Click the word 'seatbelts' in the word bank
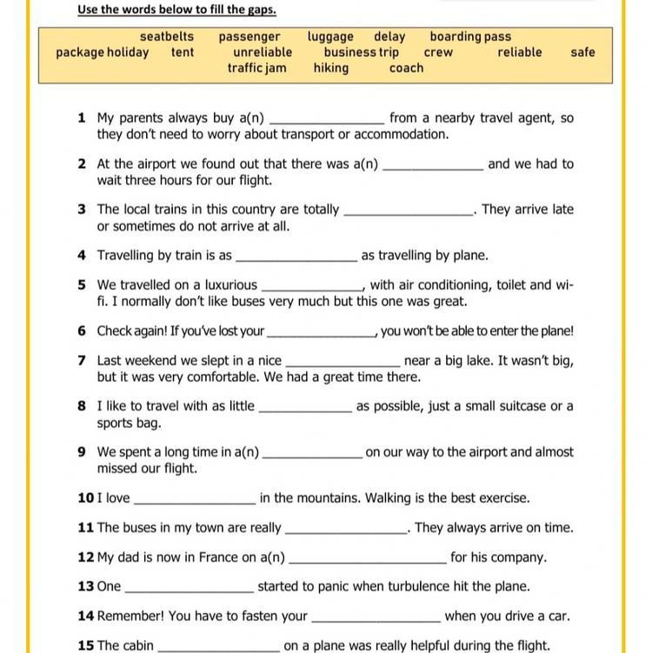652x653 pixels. [x=167, y=37]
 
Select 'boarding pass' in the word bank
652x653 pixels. [x=470, y=37]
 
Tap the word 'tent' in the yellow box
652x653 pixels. [x=183, y=52]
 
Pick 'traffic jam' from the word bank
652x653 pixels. [x=257, y=68]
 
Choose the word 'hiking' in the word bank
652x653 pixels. [x=331, y=68]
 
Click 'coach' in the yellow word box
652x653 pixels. [x=406, y=68]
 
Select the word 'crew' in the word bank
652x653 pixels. [x=438, y=52]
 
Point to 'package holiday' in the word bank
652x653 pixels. [x=102, y=52]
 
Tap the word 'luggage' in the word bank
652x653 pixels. [x=330, y=37]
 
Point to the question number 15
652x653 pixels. [x=85, y=645]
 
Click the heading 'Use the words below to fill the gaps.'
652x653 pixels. [x=176, y=10]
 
